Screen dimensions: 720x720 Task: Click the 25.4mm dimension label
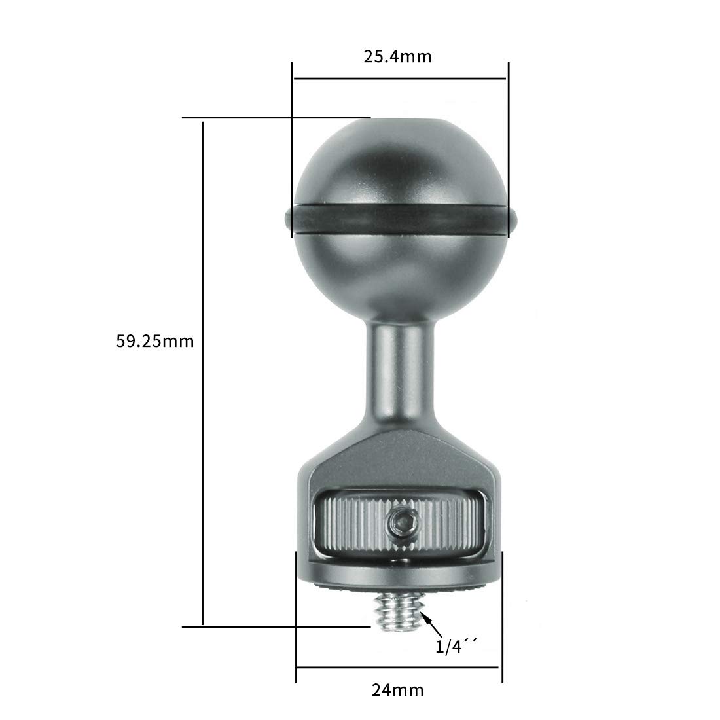point(397,56)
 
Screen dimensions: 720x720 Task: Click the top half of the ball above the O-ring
point(399,164)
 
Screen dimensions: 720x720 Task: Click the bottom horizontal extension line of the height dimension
point(275,626)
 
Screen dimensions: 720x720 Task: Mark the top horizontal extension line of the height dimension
point(275,118)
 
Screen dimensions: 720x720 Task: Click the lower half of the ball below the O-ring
point(399,268)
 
